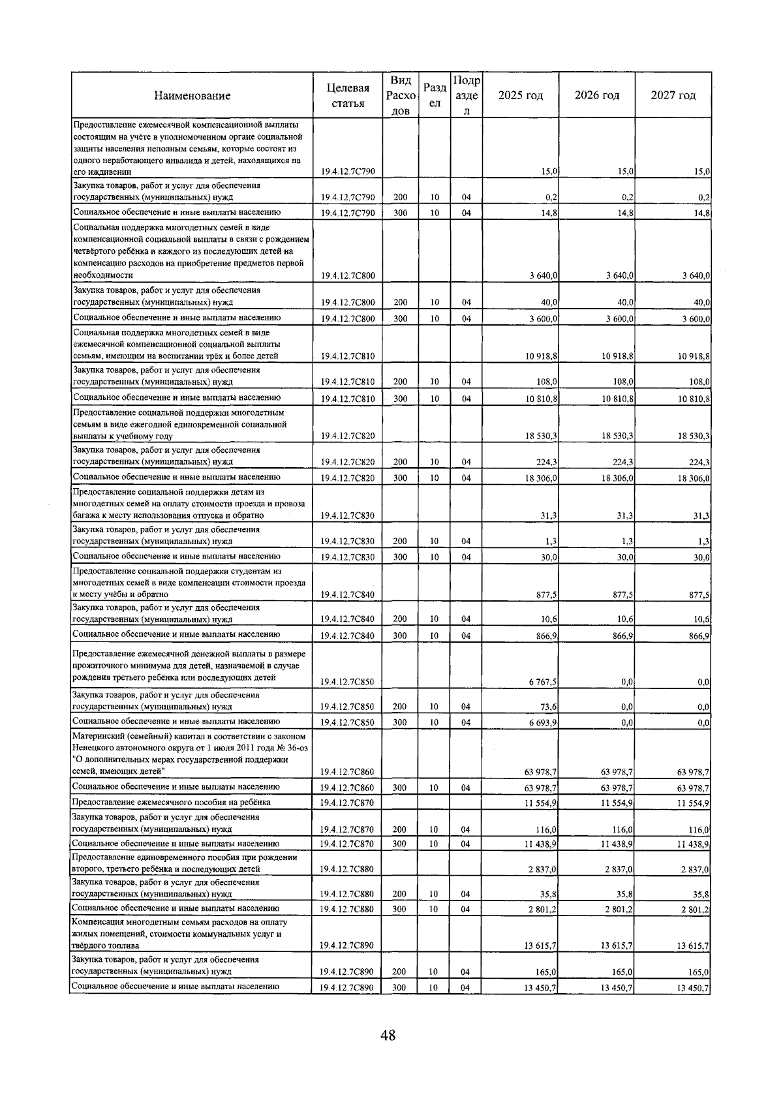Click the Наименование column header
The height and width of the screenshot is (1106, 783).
(x=192, y=95)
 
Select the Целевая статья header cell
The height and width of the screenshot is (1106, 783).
(x=347, y=95)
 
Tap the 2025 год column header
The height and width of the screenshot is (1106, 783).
(x=520, y=95)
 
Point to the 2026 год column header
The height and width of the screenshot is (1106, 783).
(x=596, y=95)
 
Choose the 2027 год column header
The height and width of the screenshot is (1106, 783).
(x=673, y=95)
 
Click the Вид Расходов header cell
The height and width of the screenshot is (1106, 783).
(x=399, y=95)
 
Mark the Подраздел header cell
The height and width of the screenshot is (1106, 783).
(x=466, y=95)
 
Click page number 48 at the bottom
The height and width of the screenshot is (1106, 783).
(x=389, y=1035)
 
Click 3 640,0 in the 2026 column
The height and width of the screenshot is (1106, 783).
(x=619, y=276)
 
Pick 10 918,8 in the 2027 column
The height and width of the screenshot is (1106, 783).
(x=694, y=356)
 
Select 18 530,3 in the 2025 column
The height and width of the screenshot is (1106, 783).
(x=541, y=436)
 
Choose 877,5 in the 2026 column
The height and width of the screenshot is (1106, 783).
(x=623, y=594)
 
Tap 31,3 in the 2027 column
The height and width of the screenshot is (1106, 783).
(x=701, y=516)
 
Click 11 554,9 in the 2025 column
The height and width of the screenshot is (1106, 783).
(x=541, y=803)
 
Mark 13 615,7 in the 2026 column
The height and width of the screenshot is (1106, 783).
(x=617, y=945)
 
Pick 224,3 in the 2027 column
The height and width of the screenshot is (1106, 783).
(x=699, y=462)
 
